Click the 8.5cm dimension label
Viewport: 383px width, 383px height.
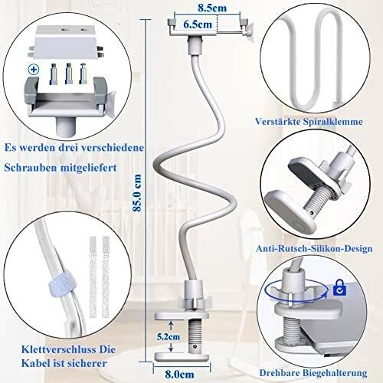coord(212,8)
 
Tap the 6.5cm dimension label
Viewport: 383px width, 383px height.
coord(198,25)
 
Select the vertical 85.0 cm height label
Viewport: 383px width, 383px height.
coord(137,193)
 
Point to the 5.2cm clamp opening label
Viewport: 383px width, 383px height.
coord(169,336)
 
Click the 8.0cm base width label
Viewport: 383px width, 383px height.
coord(179,375)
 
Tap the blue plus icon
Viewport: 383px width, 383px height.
coord(33,70)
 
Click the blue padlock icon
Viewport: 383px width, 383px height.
coord(340,287)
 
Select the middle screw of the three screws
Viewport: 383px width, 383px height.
coord(69,74)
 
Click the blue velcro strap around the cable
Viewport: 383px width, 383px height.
coord(60,285)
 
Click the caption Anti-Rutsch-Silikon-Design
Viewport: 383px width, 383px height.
coord(314,248)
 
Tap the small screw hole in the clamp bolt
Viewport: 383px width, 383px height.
coord(195,346)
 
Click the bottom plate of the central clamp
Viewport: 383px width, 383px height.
coord(182,357)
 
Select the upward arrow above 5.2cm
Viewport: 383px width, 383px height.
coord(171,326)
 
